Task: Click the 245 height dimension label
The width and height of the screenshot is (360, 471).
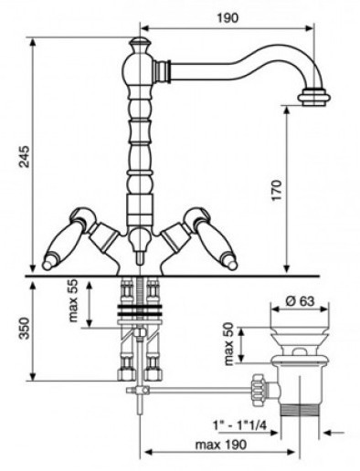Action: coord(24,157)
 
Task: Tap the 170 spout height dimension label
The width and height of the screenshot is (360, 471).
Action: coord(277,191)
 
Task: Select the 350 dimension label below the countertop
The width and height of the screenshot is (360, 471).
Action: coord(24,329)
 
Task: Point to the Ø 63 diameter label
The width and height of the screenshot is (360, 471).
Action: coord(300,301)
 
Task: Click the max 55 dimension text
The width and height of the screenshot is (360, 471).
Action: coord(73,301)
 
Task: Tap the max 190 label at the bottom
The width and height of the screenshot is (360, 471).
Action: coord(221,445)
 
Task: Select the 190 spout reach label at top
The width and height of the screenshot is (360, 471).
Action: coord(228,18)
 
